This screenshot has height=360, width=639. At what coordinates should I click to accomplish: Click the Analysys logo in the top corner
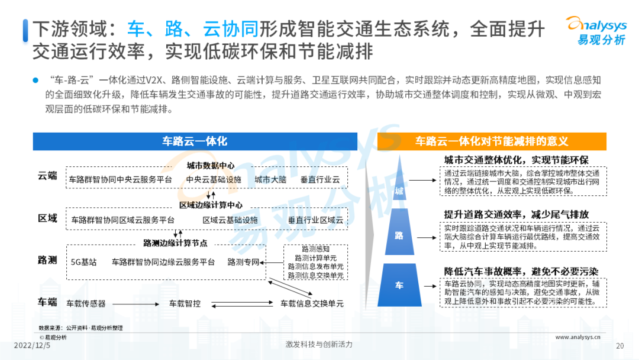(596, 30)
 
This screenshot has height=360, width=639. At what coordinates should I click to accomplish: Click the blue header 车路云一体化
(195, 142)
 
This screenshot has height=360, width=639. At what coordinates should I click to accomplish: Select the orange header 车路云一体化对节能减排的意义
(492, 142)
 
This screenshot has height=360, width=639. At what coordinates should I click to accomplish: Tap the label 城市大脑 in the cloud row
(270, 179)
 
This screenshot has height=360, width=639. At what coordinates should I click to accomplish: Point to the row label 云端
(47, 176)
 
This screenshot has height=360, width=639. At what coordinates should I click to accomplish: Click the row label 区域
(47, 218)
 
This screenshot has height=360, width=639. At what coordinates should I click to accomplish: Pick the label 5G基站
(83, 262)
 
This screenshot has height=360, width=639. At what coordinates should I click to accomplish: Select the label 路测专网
(243, 262)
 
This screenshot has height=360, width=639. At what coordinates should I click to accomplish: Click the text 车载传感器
(86, 304)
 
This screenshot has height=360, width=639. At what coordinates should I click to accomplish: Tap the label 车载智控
(185, 304)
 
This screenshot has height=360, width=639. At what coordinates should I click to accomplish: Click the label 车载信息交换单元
(312, 304)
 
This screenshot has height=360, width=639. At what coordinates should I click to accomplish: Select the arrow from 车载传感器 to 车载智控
(135, 304)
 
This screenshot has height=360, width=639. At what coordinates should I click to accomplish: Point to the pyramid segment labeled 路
(399, 232)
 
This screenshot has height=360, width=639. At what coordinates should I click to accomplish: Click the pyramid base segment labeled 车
(399, 285)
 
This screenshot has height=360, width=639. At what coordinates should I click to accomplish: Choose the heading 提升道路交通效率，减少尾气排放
(517, 214)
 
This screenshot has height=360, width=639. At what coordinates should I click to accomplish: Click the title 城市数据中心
(211, 166)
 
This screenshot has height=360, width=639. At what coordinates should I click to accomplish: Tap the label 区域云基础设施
(230, 220)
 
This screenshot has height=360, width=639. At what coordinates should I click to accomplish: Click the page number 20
(620, 346)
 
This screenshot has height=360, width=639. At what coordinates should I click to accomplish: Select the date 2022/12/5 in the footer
(32, 345)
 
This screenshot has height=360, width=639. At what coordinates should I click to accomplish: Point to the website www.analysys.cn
(577, 337)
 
